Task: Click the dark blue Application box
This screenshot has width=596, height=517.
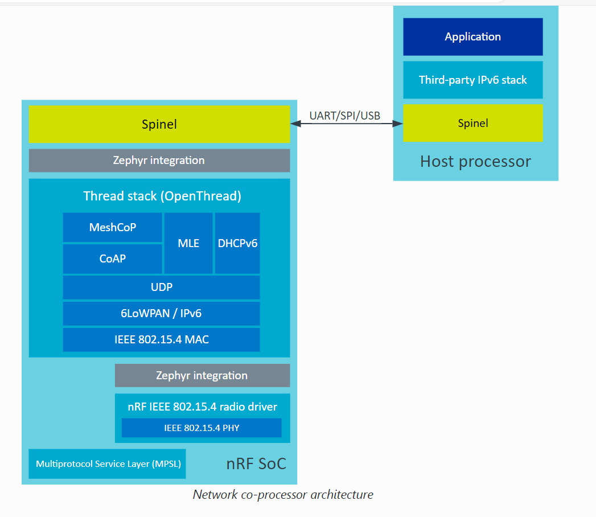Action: pos(472,37)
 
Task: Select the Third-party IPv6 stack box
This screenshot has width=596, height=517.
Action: pos(472,80)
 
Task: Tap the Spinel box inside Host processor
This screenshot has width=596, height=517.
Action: pos(472,124)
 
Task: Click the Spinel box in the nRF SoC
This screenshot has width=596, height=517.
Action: pos(159,124)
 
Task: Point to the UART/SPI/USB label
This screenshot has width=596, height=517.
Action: pos(344,116)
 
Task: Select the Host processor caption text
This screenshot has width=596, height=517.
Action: pos(475,162)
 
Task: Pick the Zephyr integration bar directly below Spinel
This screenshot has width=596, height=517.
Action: pos(159,161)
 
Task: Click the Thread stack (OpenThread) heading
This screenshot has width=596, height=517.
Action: pos(162,196)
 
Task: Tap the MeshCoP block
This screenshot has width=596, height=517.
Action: pos(113,228)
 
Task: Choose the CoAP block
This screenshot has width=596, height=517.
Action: pos(113,259)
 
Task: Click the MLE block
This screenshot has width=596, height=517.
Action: pos(188,244)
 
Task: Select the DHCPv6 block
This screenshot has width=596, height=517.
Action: pos(237,244)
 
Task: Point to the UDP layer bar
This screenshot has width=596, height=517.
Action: pos(162,288)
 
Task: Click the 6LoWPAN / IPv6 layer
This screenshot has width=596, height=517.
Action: pos(162,314)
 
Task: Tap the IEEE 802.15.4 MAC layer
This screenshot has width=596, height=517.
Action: pos(162,340)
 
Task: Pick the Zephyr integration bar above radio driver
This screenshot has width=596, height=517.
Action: pos(202,376)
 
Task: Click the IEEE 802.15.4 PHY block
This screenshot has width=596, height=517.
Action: pos(202,428)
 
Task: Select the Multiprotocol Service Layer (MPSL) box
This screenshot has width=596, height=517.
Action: pos(108,464)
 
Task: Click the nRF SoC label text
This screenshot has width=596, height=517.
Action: pos(256,464)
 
